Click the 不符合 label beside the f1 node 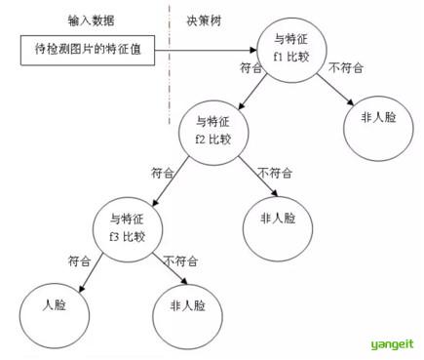tap(346, 67)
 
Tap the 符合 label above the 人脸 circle tap(80, 261)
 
